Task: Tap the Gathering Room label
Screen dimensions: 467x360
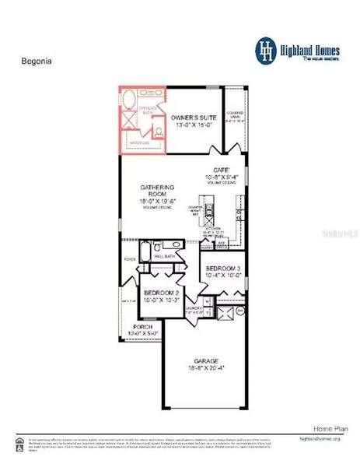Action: (157, 188)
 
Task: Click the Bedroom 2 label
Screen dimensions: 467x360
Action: (161, 292)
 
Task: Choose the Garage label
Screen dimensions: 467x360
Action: (206, 360)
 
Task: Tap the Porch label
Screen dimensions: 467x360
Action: (142, 326)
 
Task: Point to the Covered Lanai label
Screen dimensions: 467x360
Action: (235, 114)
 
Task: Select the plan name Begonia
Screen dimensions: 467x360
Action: (32, 58)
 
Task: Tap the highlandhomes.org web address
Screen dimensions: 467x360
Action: (321, 440)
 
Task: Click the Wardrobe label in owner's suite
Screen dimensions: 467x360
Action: (141, 143)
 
